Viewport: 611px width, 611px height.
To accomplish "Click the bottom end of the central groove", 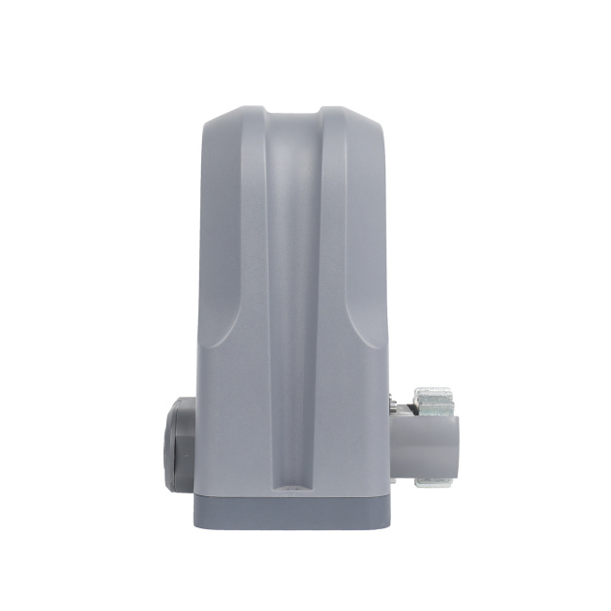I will coord(290,488).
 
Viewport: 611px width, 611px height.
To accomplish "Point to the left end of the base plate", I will coord(198,512).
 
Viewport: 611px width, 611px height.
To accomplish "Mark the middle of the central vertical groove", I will coord(290,301).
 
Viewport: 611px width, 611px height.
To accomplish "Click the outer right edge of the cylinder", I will coord(459,440).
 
